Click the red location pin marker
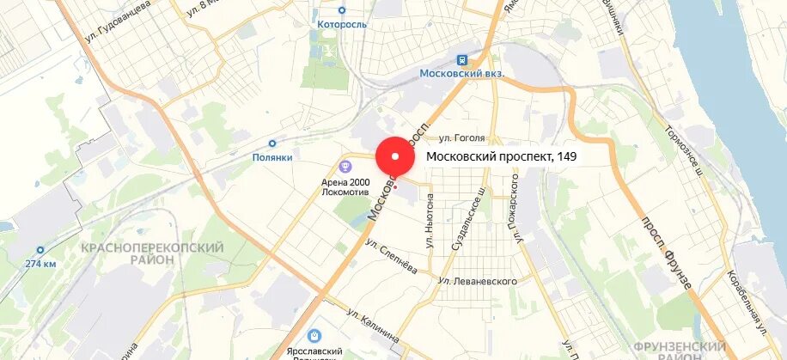(x=394, y=158)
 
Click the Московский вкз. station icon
(x=462, y=60)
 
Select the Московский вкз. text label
(x=461, y=74)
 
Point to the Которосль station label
(x=341, y=24)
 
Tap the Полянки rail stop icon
(x=272, y=144)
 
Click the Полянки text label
(x=272, y=157)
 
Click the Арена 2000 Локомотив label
(x=341, y=186)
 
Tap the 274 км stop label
(x=40, y=263)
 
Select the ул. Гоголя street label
(x=462, y=137)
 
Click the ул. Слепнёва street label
(x=391, y=256)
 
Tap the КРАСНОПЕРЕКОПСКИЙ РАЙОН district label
(x=152, y=254)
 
